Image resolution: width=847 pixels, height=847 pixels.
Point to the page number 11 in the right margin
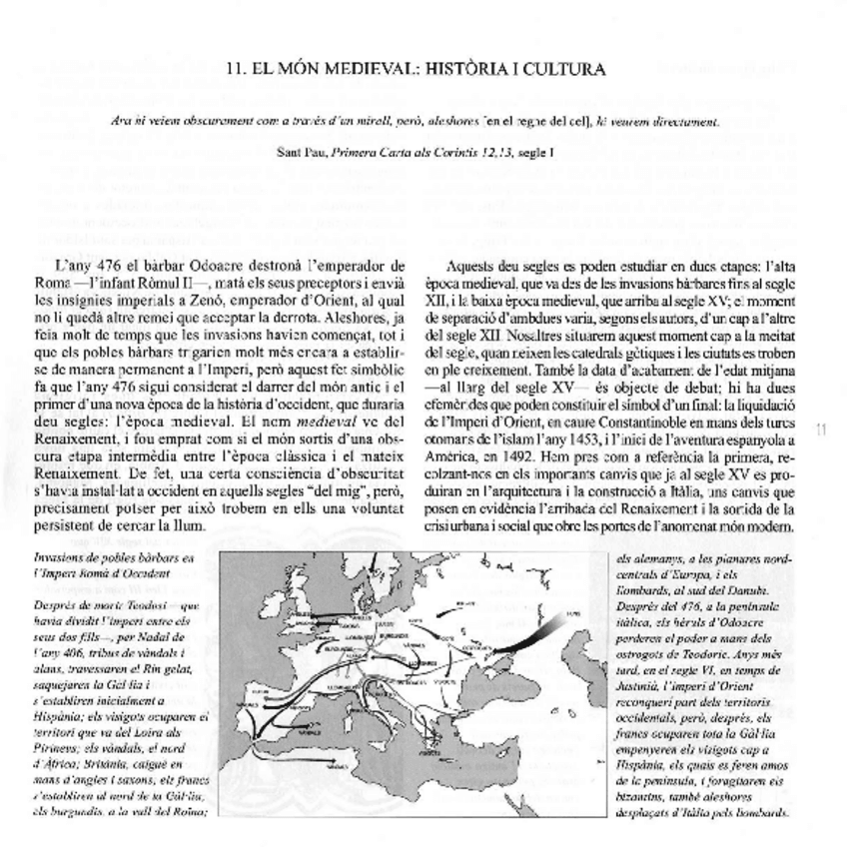pyautogui.click(x=822, y=430)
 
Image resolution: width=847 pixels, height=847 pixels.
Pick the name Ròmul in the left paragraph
pyautogui.click(x=154, y=282)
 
